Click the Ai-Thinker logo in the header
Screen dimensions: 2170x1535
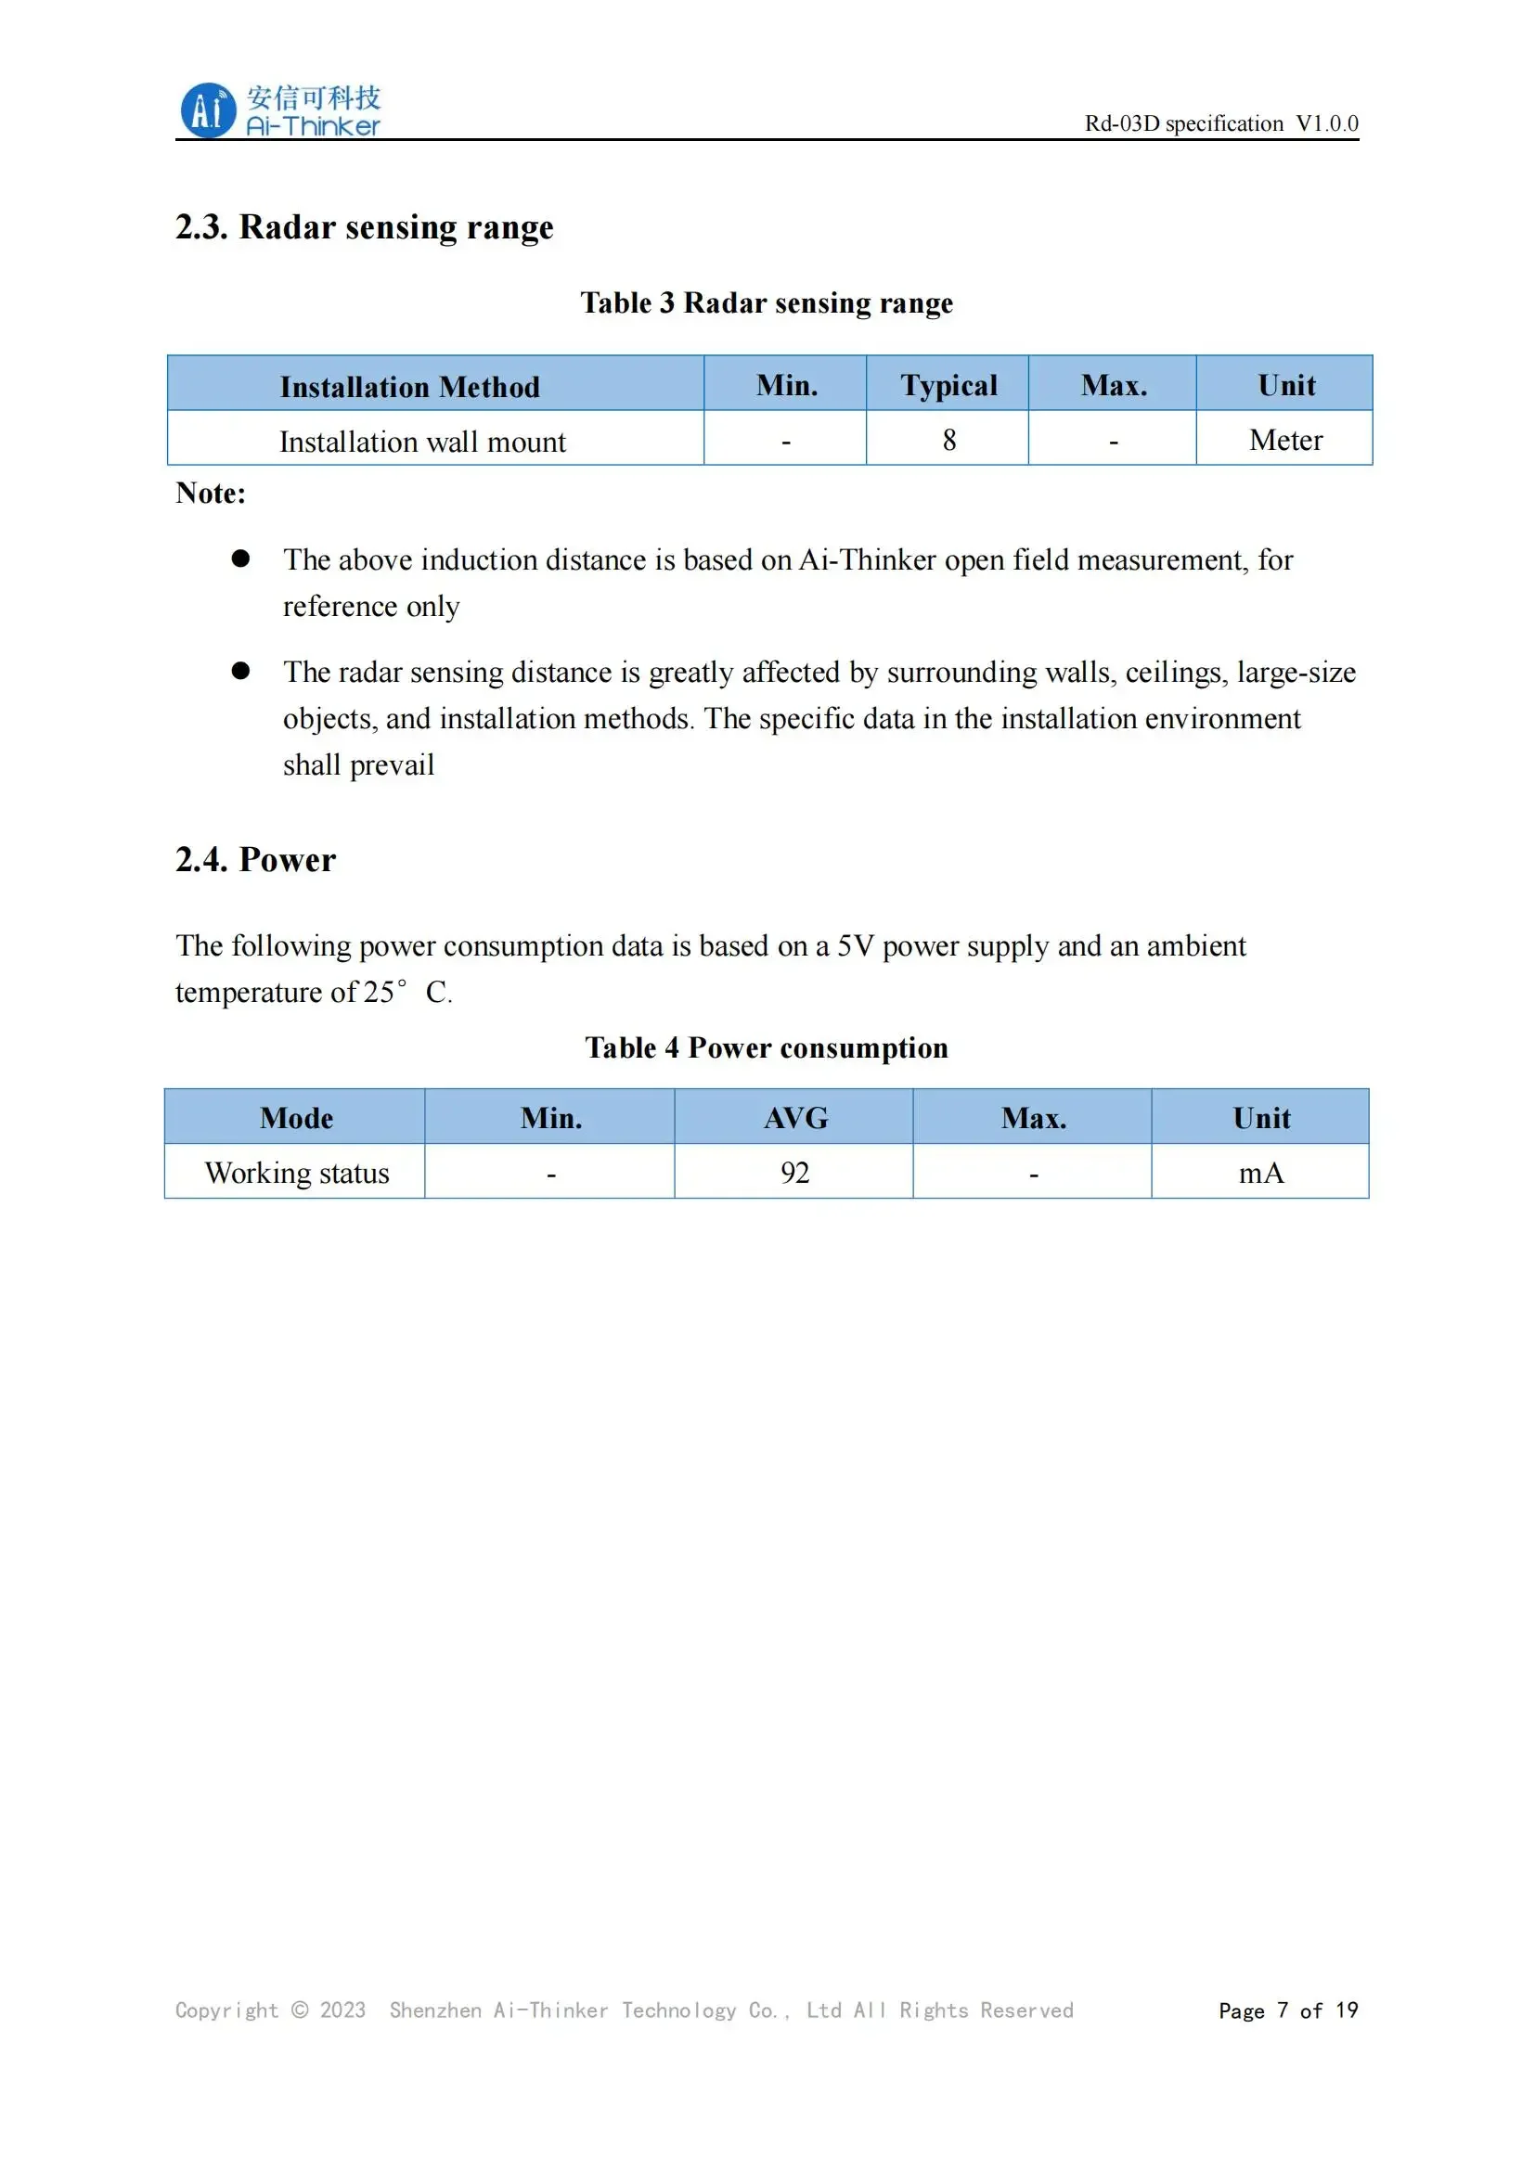280,110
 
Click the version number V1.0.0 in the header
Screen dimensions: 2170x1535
1326,123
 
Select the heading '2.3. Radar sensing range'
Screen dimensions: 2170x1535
364,228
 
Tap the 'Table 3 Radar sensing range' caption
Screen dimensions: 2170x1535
767,303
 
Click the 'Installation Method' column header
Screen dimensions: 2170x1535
409,387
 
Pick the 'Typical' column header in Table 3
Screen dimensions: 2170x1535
948,386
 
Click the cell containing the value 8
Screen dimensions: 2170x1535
949,441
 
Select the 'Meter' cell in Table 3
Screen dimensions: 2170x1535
1285,441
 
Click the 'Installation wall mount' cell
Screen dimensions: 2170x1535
422,443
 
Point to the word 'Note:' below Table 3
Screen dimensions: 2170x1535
211,494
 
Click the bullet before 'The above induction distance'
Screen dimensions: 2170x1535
241,559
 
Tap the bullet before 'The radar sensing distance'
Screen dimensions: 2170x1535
241,671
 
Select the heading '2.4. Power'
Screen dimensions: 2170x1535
255,860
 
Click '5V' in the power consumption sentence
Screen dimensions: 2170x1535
856,946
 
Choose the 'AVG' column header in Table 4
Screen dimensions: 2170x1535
796,1118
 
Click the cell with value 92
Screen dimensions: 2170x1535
795,1173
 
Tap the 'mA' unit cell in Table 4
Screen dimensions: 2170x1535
1261,1173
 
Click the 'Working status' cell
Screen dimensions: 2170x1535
297,1173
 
